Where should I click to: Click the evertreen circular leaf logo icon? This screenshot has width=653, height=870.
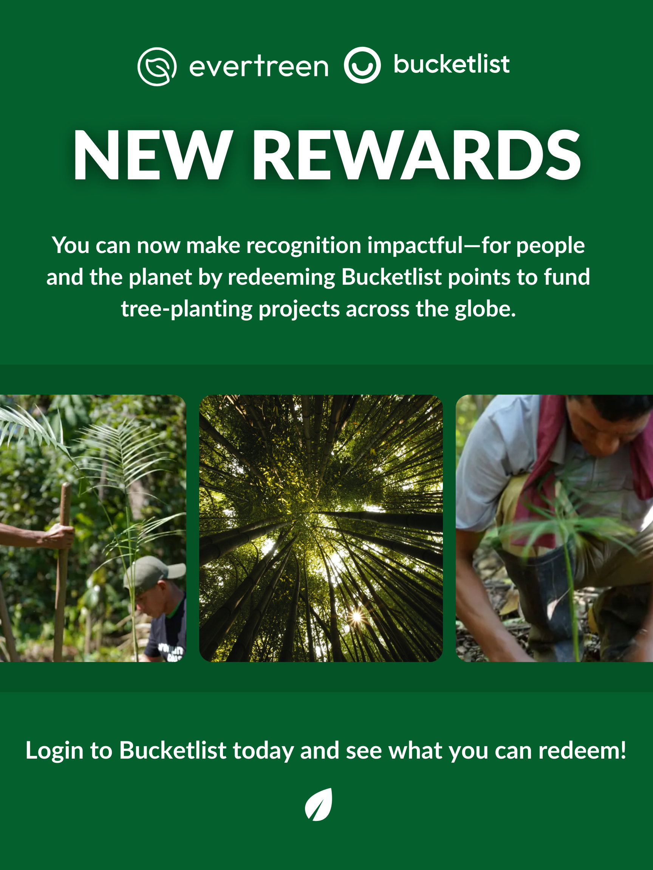tap(157, 66)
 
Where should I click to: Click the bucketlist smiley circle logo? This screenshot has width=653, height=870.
tap(362, 65)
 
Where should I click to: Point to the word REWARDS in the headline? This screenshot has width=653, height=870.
tap(416, 155)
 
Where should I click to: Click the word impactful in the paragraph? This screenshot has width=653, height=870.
tap(416, 246)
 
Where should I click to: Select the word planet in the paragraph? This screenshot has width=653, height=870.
tap(160, 278)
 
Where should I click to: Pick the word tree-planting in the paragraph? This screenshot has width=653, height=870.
tap(187, 310)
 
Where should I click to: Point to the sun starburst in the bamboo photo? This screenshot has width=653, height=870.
tap(357, 615)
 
